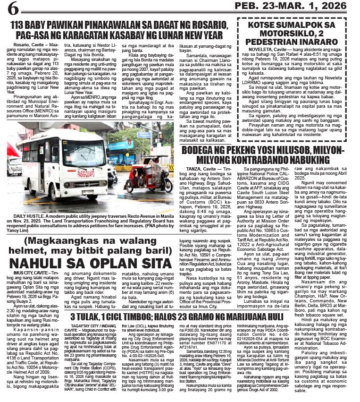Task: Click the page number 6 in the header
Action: pyautogui.click(x=13, y=8)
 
